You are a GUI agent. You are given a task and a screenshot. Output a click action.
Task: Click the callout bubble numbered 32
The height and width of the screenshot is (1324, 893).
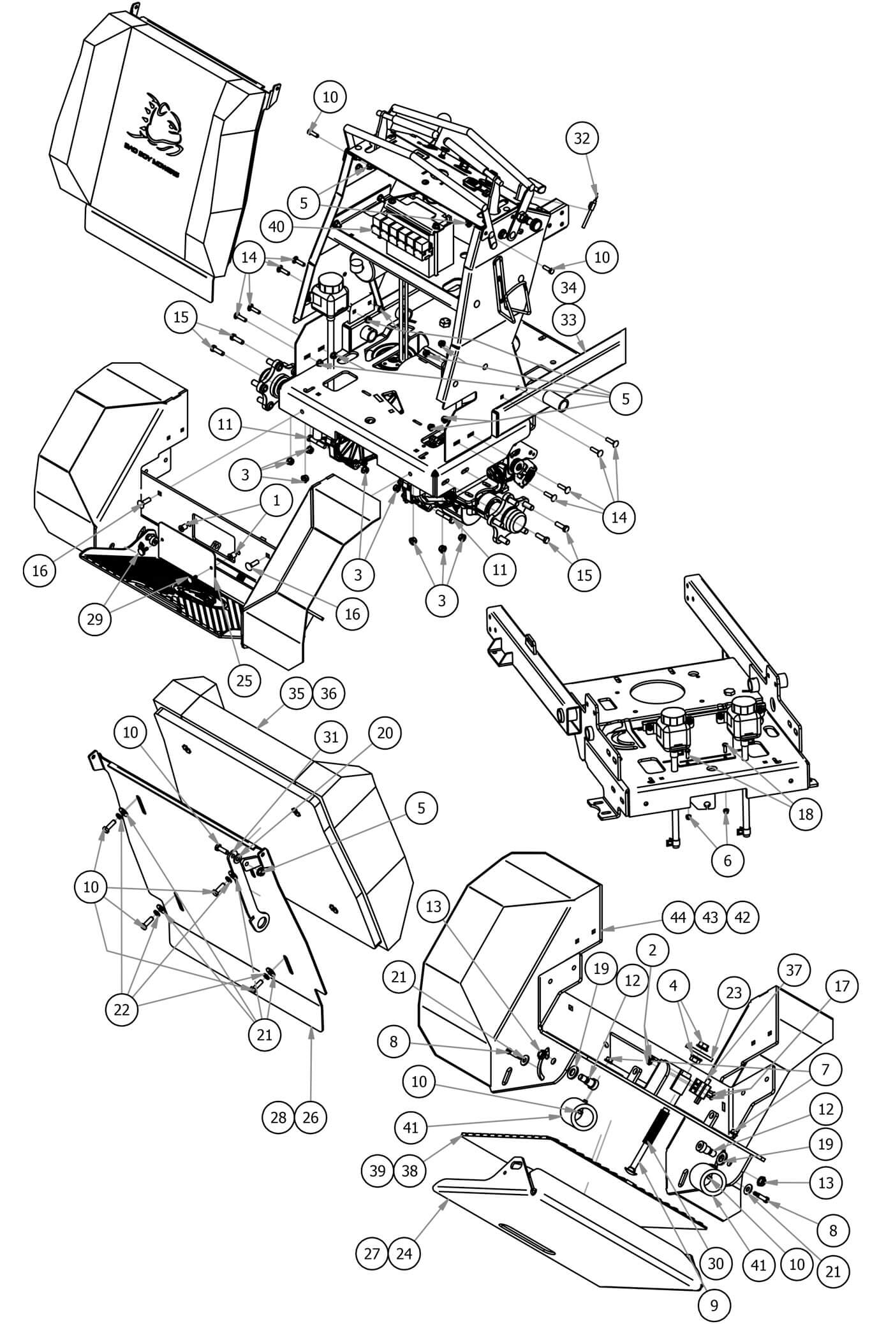[x=582, y=138]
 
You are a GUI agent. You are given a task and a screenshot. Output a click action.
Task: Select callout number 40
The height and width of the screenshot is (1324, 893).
[x=277, y=226]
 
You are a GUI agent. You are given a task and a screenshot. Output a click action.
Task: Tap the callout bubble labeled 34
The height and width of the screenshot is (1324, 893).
[x=568, y=288]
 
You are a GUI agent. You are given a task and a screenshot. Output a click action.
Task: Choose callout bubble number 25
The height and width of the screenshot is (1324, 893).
[x=244, y=680]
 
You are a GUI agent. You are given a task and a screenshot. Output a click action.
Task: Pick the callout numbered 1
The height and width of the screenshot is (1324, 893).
[x=276, y=501]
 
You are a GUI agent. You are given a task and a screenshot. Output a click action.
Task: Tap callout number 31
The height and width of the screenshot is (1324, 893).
[x=330, y=737]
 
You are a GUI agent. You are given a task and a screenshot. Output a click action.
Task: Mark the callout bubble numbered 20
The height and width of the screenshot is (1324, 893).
[x=385, y=733]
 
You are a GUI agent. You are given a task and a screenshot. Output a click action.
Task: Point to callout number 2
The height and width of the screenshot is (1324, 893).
[x=652, y=950]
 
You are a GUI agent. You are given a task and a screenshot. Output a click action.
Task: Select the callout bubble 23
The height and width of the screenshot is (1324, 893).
[x=733, y=993]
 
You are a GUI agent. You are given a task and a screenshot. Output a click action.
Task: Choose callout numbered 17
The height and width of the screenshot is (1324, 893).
[x=841, y=986]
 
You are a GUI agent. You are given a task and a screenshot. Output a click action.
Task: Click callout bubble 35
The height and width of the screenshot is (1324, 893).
[x=297, y=694]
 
